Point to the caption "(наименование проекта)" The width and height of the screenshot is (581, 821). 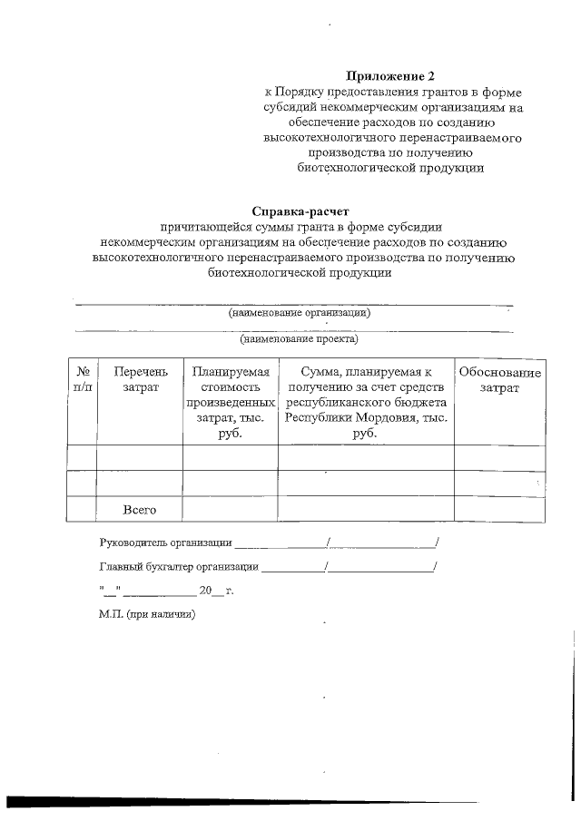299,340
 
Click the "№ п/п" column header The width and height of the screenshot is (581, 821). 82,380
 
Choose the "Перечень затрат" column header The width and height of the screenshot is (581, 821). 140,380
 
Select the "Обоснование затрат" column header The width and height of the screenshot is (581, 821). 499,380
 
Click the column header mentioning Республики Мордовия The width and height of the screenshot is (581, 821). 365,403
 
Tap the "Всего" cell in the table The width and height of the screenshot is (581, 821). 140,510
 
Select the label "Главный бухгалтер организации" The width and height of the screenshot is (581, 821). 178,568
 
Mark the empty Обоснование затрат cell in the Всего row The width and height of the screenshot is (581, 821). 499,509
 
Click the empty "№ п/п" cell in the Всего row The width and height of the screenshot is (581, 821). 82,509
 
